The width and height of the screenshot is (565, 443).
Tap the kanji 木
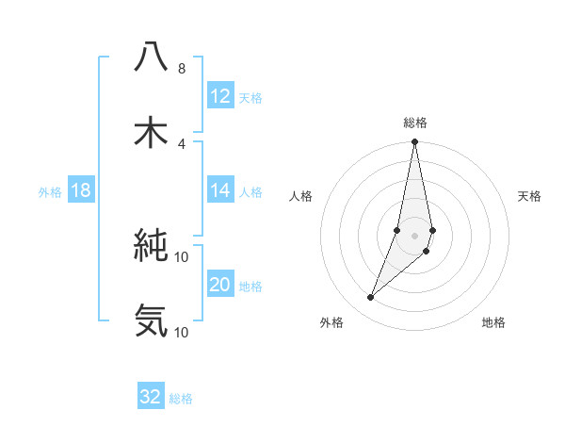(x=152, y=132)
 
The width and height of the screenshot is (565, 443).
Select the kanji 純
(x=152, y=245)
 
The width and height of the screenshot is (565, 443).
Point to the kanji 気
(x=152, y=320)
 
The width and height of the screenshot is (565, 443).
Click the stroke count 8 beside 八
(x=181, y=69)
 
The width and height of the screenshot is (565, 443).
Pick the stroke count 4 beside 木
(x=181, y=143)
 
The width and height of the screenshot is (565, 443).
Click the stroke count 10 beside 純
(x=182, y=256)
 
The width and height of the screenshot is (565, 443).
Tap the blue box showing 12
(x=220, y=96)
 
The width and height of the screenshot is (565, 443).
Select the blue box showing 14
(x=220, y=190)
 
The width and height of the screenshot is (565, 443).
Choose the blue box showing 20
(x=220, y=285)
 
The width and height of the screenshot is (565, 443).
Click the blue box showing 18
(x=81, y=190)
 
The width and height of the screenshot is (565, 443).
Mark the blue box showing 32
(x=151, y=397)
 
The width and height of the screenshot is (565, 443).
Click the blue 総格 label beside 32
(x=181, y=399)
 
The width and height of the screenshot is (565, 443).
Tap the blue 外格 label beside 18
(x=50, y=192)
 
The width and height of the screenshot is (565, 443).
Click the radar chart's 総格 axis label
(x=415, y=123)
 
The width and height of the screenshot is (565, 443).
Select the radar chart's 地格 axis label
(x=493, y=323)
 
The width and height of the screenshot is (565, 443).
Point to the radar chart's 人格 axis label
(x=300, y=196)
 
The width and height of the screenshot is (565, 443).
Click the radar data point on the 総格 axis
(x=415, y=142)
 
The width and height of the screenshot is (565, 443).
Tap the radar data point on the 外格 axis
(x=371, y=298)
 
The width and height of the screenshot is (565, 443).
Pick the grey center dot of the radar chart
(x=415, y=235)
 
